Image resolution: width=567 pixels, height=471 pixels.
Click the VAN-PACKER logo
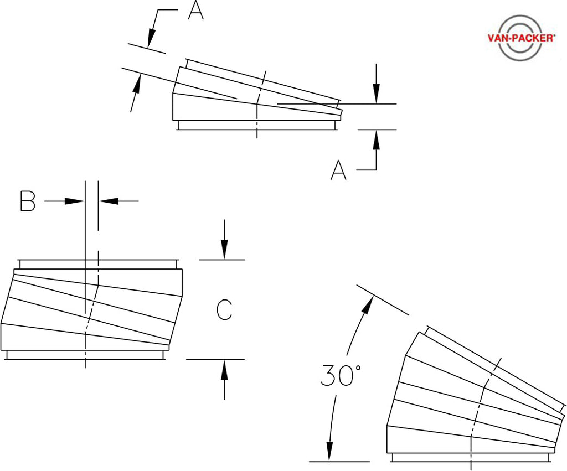520,38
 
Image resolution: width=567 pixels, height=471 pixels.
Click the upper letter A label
195,11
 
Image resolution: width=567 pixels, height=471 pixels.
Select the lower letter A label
338,170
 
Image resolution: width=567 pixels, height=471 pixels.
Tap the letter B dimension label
27,201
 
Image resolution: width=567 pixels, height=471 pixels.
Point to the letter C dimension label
224,310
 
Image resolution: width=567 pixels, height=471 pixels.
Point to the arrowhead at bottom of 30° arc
331,452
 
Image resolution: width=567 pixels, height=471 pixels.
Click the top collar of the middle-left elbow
97,263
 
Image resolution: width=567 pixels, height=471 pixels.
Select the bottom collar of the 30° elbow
472,457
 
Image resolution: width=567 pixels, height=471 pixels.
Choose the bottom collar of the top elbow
257,125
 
